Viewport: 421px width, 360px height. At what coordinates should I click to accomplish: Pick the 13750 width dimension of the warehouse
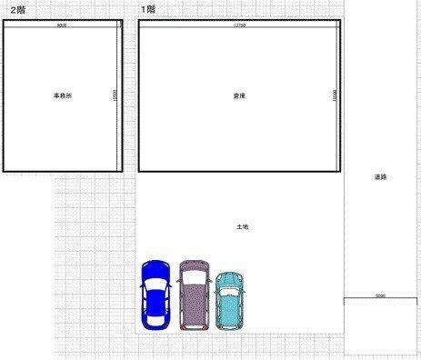[240, 25]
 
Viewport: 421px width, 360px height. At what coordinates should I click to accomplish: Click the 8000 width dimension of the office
[62, 25]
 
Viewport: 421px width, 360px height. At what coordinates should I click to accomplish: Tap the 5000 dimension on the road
[380, 295]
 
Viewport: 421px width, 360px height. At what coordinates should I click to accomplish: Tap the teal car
[231, 299]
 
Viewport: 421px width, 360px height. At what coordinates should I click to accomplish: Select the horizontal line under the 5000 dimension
[380, 299]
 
